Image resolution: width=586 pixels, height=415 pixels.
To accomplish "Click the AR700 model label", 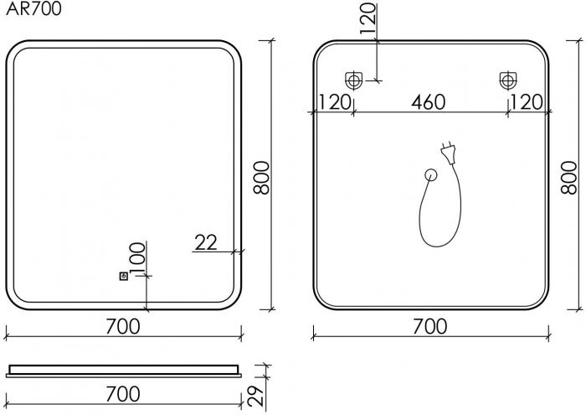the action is [x=33, y=9].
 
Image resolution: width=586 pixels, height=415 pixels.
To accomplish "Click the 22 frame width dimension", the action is [x=206, y=242].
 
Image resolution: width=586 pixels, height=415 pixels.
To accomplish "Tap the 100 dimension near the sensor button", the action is [x=137, y=257].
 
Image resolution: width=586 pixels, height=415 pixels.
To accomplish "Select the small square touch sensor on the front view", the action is [x=123, y=277].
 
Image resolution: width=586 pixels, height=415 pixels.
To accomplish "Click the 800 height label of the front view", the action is [x=261, y=178].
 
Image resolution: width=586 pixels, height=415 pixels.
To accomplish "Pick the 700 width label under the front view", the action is [x=123, y=326].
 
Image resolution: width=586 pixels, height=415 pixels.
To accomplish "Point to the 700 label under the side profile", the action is [x=123, y=394].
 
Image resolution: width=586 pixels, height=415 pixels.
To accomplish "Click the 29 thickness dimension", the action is [x=256, y=396].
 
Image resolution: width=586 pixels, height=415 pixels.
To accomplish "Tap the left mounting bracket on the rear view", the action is [x=353, y=80].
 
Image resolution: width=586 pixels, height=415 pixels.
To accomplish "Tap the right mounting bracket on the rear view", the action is [x=508, y=80].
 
